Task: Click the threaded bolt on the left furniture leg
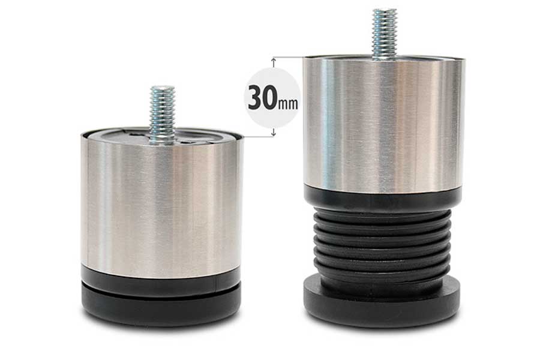tap(162, 115)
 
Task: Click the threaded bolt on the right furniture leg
tap(385, 34)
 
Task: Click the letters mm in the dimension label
tap(287, 104)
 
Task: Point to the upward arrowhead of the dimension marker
tap(274, 61)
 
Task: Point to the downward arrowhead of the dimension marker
tap(274, 133)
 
